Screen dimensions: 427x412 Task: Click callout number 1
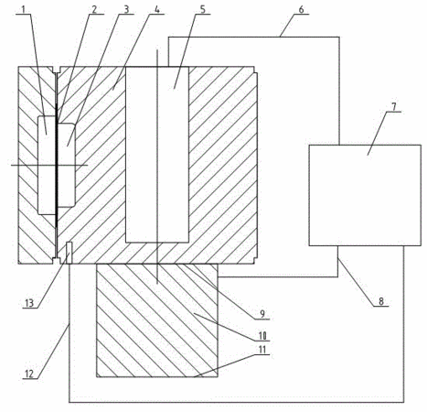click(24, 9)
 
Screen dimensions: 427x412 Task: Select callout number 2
click(94, 9)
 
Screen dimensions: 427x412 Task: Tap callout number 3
click(126, 9)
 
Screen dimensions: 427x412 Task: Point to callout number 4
click(156, 9)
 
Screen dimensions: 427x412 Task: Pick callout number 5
click(203, 9)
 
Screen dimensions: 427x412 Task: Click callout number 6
click(301, 9)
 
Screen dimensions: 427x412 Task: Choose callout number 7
click(394, 107)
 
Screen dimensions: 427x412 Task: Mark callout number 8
click(381, 301)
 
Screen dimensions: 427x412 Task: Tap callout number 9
click(262, 314)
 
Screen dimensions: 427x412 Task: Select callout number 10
click(262, 336)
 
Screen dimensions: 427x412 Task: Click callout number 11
click(262, 350)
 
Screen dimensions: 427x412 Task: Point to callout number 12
click(29, 374)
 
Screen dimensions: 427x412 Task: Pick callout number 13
click(29, 303)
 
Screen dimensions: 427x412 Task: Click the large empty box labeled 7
click(365, 195)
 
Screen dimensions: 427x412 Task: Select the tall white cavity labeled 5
click(157, 155)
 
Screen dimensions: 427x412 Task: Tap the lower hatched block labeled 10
click(157, 320)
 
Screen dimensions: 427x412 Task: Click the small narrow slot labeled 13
click(69, 253)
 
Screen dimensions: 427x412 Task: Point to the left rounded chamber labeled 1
click(47, 166)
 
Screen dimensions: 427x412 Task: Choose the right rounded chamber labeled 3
click(67, 165)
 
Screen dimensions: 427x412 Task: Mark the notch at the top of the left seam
click(57, 70)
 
